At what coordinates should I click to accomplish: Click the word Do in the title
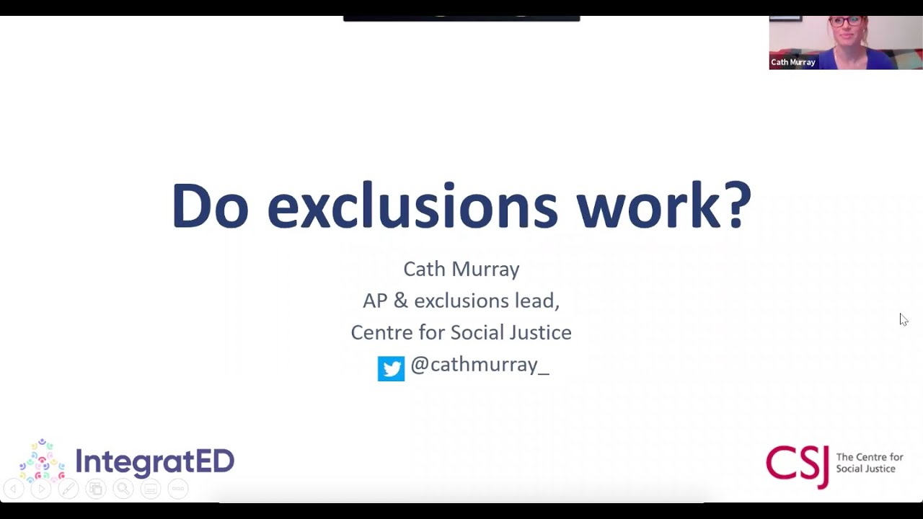210,207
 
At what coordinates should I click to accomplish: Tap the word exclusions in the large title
412,207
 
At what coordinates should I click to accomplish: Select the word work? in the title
663,207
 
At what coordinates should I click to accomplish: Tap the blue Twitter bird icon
391,368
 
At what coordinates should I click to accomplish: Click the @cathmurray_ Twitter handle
480,365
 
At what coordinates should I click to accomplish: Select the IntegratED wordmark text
155,462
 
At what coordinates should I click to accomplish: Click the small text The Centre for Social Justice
869,463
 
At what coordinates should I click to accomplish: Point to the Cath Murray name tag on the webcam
793,63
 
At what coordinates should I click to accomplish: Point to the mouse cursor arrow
903,319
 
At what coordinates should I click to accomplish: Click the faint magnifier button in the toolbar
123,489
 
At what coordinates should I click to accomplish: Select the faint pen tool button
68,489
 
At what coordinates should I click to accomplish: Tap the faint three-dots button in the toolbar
177,489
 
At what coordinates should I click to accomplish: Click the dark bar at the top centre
461,17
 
